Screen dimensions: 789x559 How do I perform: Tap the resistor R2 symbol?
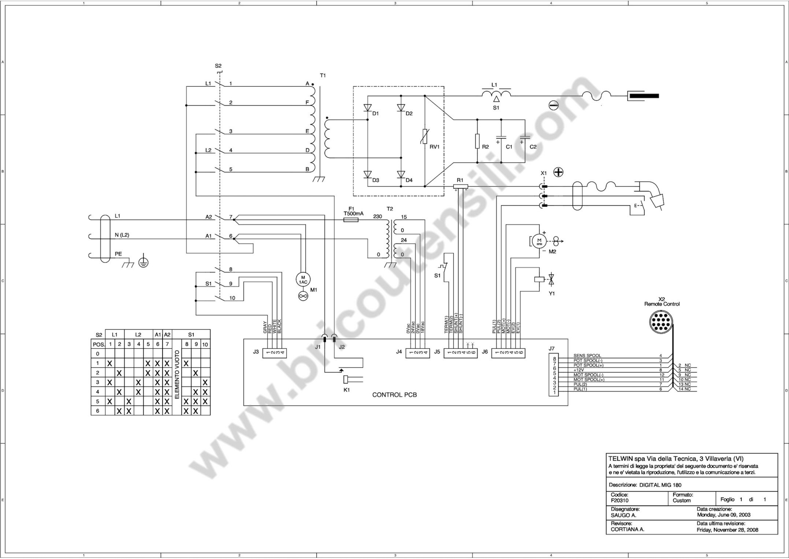[x=477, y=141]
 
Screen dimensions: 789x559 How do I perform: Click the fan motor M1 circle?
[x=303, y=279]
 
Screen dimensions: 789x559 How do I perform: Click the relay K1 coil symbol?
[x=347, y=379]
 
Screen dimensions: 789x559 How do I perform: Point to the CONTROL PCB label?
[x=394, y=395]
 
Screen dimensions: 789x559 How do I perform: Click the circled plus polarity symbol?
[x=558, y=172]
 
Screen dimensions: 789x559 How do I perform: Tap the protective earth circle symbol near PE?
[x=143, y=263]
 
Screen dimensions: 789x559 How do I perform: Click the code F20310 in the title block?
[x=620, y=501]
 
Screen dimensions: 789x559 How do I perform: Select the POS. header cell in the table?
[x=99, y=344]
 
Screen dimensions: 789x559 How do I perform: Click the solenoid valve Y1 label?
[x=552, y=294]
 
